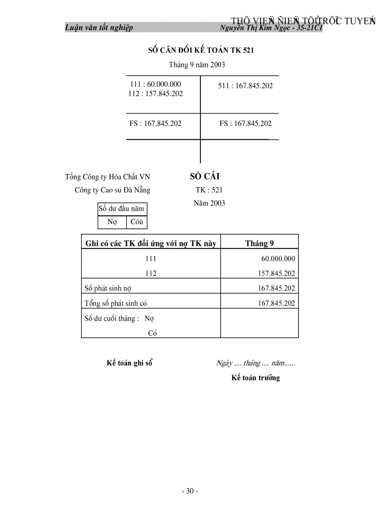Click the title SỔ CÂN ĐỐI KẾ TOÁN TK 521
[x=200, y=50]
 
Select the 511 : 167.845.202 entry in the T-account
[x=245, y=86]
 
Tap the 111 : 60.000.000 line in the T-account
[x=156, y=84]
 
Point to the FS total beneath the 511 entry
[x=246, y=123]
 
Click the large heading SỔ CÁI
[x=205, y=176]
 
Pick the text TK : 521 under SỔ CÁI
[x=209, y=190]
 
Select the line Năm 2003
[x=209, y=203]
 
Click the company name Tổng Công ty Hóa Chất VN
[x=107, y=177]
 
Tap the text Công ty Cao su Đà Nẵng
[x=112, y=190]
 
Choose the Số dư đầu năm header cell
[x=122, y=208]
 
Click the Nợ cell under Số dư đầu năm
[x=112, y=222]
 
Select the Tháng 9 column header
[x=259, y=244]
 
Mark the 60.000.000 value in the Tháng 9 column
[x=278, y=259]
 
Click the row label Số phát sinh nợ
[x=108, y=288]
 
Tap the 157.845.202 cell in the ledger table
[x=276, y=274]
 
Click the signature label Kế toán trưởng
[x=256, y=378]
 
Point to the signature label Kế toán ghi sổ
[x=129, y=363]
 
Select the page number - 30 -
[x=190, y=491]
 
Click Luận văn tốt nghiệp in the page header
[x=99, y=28]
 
